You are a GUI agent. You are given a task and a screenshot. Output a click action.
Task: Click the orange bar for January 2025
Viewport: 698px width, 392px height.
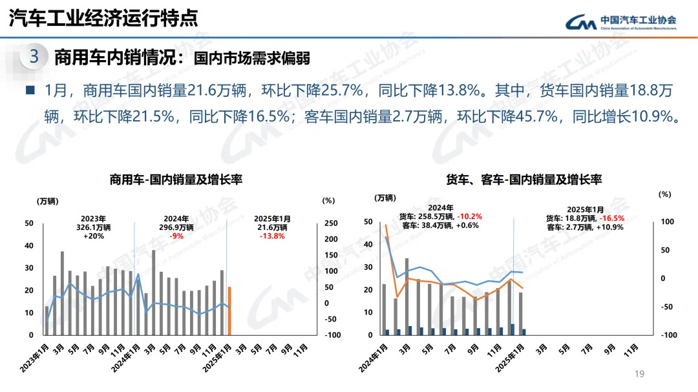tap(229, 311)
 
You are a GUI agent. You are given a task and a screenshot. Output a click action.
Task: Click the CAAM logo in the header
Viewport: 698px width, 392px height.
tap(621, 22)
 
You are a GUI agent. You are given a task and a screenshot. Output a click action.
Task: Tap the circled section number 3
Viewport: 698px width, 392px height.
tap(34, 57)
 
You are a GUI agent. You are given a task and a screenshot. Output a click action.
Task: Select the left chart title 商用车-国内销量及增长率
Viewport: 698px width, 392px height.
tap(176, 179)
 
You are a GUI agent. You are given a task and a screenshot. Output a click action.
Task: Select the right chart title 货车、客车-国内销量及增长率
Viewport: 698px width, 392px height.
tap(523, 179)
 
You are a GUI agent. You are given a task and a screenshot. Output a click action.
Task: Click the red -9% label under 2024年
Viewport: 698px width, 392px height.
tap(176, 236)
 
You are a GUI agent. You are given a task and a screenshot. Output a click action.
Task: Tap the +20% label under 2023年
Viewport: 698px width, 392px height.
tap(94, 236)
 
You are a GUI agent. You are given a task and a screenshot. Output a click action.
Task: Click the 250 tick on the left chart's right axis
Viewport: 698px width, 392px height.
tap(331, 223)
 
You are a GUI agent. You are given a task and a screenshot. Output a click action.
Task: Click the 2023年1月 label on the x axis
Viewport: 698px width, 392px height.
tap(37, 356)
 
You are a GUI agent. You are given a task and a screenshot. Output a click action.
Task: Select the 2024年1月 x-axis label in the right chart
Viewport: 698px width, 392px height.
tap(375, 356)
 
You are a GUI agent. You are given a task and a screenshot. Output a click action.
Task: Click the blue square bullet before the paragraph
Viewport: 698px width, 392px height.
tap(30, 90)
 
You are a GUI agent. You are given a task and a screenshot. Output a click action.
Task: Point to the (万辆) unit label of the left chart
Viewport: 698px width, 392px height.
tap(47, 201)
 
